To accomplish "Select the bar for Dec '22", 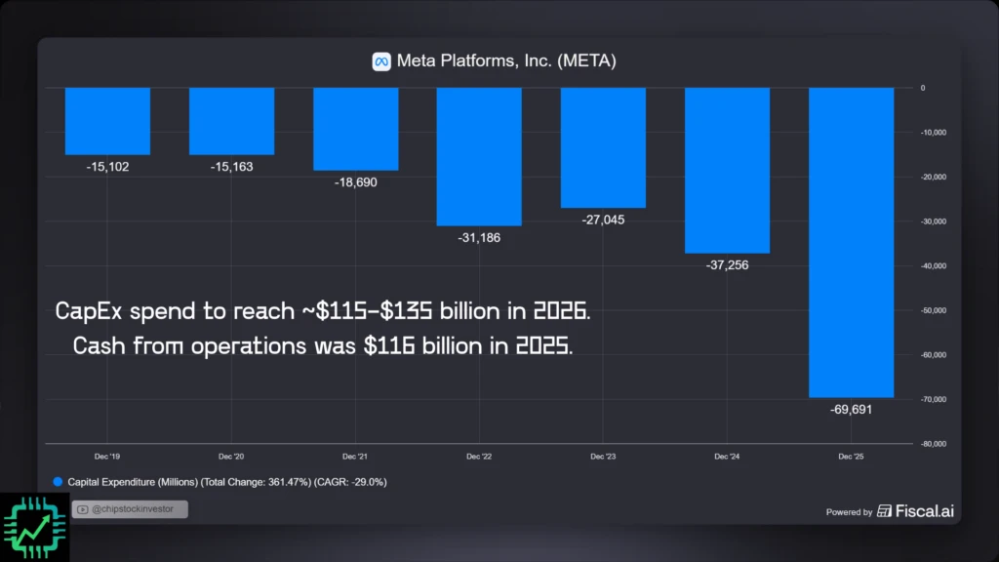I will click(479, 156).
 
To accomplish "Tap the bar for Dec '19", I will click(107, 121).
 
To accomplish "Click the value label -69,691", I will click(852, 410).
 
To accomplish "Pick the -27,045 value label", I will click(603, 220).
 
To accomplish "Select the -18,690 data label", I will click(355, 182).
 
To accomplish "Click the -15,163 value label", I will click(231, 167).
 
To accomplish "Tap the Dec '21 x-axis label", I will click(355, 456).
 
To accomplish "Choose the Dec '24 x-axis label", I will click(727, 456).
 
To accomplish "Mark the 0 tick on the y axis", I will click(922, 88).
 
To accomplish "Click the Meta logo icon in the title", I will click(381, 61).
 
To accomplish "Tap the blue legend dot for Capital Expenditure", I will click(58, 482).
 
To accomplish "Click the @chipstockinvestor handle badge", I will click(129, 509).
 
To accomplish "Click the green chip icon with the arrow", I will click(34, 527).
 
